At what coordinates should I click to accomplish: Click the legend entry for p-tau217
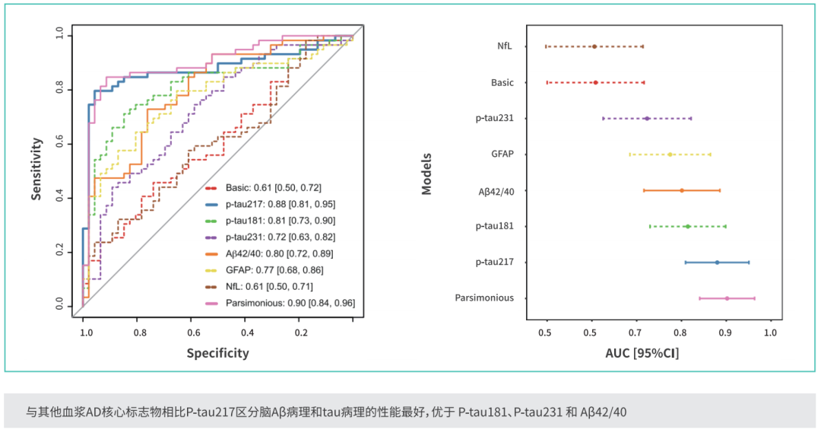pyautogui.click(x=270, y=204)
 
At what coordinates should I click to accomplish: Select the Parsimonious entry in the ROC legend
pyautogui.click(x=280, y=303)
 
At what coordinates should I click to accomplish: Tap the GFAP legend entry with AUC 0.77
pyautogui.click(x=265, y=270)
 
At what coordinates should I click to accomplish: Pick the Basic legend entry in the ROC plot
pyautogui.click(x=263, y=188)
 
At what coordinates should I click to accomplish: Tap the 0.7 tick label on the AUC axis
pyautogui.click(x=635, y=333)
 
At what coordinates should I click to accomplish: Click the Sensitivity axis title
pyautogui.click(x=36, y=169)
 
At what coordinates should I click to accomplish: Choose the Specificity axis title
pyautogui.click(x=218, y=353)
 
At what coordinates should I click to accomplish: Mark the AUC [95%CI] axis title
pyautogui.click(x=642, y=353)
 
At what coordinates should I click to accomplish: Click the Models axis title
pyautogui.click(x=426, y=174)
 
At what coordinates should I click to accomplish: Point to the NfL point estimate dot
pyautogui.click(x=594, y=46)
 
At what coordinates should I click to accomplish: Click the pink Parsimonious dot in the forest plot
pyautogui.click(x=727, y=298)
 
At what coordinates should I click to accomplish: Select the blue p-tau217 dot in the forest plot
pyautogui.click(x=718, y=262)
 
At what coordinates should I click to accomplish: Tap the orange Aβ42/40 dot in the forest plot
pyautogui.click(x=682, y=190)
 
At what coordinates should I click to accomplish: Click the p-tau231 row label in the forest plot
pyautogui.click(x=494, y=118)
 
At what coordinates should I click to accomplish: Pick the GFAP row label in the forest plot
pyautogui.click(x=502, y=154)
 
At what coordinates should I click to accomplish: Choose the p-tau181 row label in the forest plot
pyautogui.click(x=494, y=226)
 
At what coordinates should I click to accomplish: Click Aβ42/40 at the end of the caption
pyautogui.click(x=603, y=412)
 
